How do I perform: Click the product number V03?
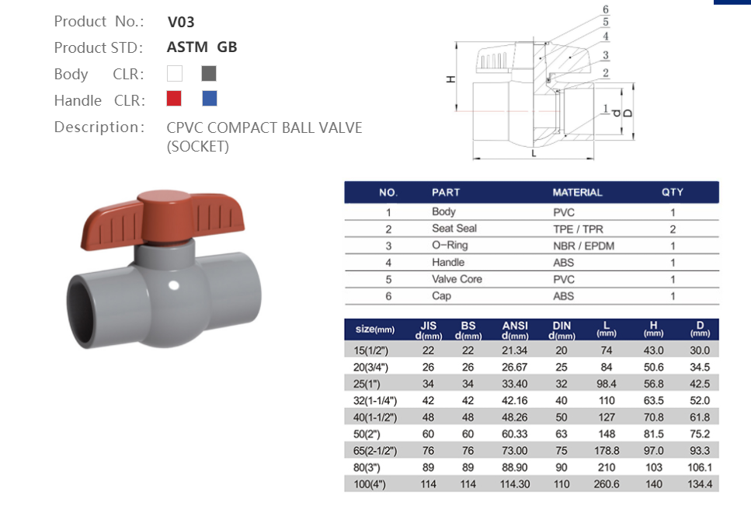(x=181, y=22)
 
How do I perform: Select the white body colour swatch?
(x=175, y=74)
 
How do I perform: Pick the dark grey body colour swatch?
(x=208, y=74)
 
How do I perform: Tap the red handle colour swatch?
(x=175, y=99)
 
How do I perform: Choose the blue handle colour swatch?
(x=209, y=99)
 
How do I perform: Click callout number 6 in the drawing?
(x=605, y=10)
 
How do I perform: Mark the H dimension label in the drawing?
(x=450, y=80)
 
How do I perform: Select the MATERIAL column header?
(x=577, y=192)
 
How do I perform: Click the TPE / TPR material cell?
(x=575, y=229)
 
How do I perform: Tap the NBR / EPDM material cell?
(x=578, y=246)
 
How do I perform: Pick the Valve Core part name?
(x=457, y=279)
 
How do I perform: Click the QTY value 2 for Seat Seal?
(x=673, y=229)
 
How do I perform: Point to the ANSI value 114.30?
(x=515, y=484)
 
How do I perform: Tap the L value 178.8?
(x=607, y=451)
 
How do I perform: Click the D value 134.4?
(x=699, y=484)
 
